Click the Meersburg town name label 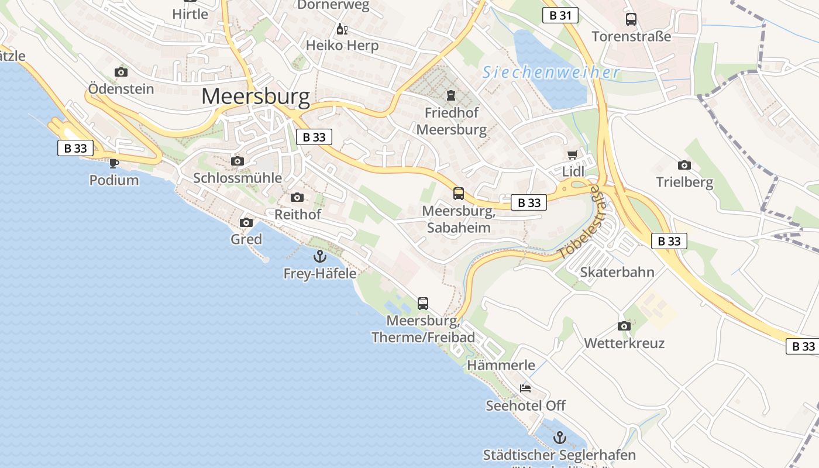point(256,97)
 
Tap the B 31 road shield point(560,15)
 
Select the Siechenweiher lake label point(550,73)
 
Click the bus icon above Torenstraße point(631,19)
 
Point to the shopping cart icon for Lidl point(573,155)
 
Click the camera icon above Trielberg point(684,166)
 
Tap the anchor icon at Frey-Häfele point(319,256)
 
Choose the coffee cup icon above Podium point(114,163)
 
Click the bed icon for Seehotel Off point(525,388)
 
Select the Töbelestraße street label point(579,223)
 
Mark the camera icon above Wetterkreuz point(624,326)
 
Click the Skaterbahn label point(617,272)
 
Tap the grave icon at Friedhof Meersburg point(451,95)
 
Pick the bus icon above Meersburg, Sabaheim point(459,193)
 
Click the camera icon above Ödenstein point(121,73)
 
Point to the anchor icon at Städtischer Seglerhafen point(560,438)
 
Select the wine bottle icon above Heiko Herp point(342,29)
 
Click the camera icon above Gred point(246,222)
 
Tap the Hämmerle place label point(501,365)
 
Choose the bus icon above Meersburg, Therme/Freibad point(423,303)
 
